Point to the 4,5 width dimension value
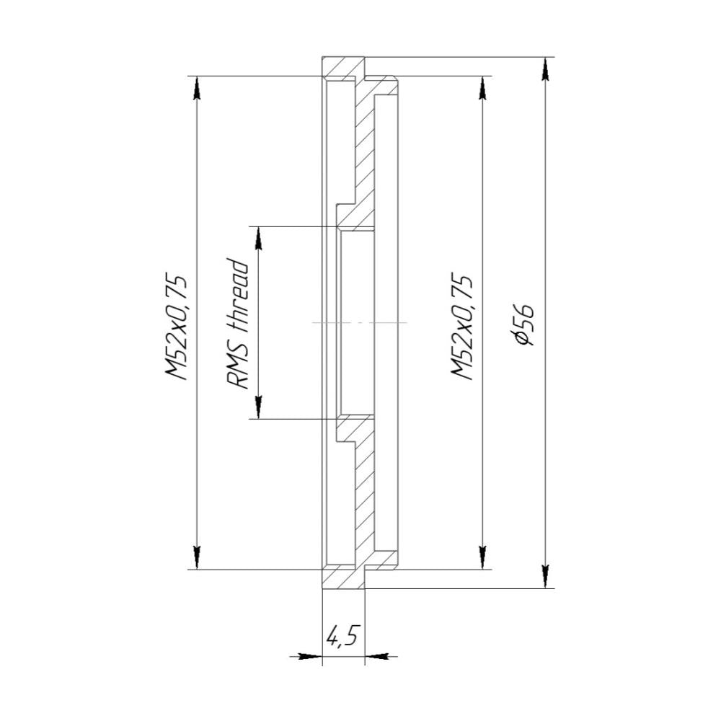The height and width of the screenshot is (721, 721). click(342, 637)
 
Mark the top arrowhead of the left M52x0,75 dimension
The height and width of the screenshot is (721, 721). click(196, 87)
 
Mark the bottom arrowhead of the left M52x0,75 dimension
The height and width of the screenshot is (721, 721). click(196, 557)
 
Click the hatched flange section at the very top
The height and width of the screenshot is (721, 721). click(342, 68)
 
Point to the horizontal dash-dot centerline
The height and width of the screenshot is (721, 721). click(360, 322)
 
